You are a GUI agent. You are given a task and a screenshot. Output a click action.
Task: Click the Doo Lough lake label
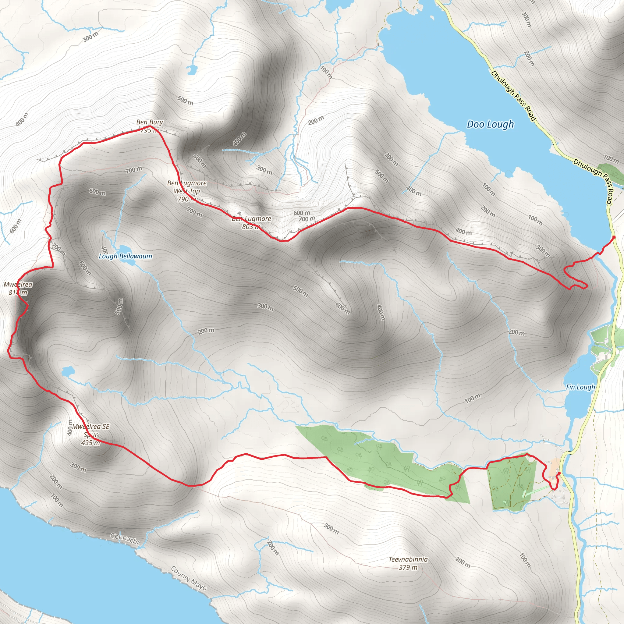(490, 124)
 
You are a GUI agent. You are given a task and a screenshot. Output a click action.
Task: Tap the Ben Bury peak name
(150, 122)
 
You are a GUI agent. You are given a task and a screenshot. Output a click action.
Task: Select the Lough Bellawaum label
(125, 256)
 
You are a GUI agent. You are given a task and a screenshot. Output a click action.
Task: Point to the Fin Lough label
(580, 387)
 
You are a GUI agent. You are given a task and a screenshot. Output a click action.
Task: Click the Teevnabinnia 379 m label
(408, 563)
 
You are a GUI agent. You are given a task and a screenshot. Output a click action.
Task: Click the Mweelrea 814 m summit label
(18, 289)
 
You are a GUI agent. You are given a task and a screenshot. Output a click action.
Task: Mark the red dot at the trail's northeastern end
(614, 237)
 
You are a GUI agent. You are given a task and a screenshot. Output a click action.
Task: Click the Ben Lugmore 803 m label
(251, 222)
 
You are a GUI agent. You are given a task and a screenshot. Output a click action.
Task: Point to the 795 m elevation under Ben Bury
(150, 130)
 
